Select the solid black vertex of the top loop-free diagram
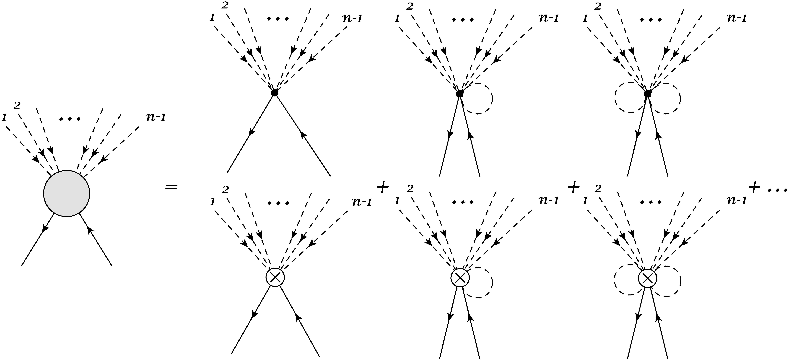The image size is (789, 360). (x=274, y=93)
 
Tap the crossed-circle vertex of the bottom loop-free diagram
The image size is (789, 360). (x=275, y=277)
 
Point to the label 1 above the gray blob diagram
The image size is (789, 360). (x=4, y=117)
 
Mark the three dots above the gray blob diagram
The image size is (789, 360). (x=70, y=119)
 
